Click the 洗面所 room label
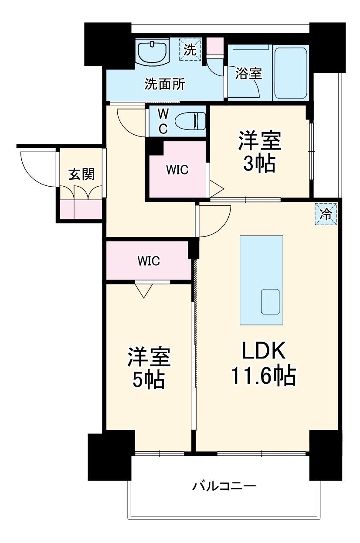[165, 84]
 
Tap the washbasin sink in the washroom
[152, 51]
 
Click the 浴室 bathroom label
[248, 74]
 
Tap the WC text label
[162, 121]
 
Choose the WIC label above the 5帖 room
[149, 261]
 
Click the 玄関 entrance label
[81, 174]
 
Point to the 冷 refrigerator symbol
[326, 214]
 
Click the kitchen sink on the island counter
[270, 301]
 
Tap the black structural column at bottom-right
[324, 454]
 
